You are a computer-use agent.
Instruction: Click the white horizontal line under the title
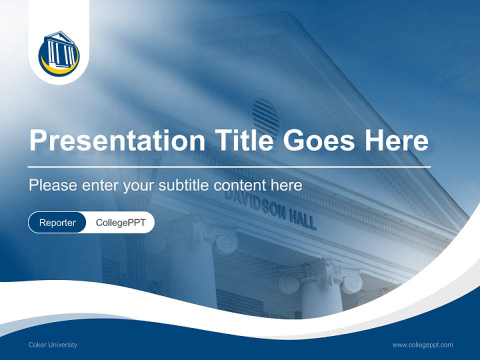click(x=229, y=166)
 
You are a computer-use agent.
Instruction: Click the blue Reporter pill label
click(x=57, y=222)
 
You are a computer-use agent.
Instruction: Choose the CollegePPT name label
click(x=120, y=222)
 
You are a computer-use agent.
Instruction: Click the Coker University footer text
click(x=53, y=344)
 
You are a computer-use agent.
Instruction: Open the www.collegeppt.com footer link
click(x=422, y=344)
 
